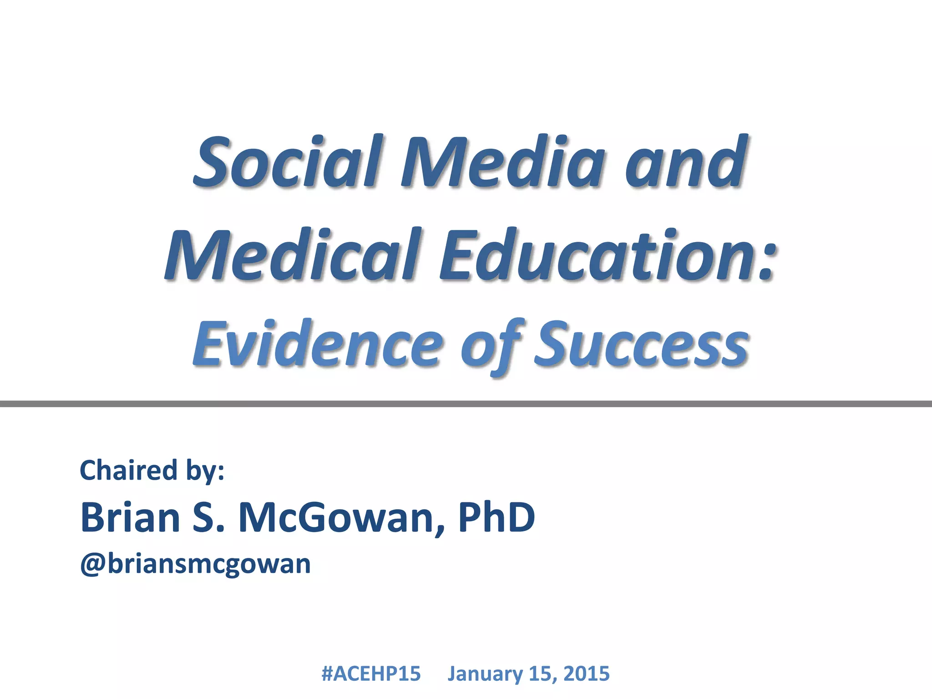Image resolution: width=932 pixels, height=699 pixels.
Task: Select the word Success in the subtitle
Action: coord(641,344)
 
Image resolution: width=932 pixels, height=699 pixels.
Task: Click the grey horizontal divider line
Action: coord(466,404)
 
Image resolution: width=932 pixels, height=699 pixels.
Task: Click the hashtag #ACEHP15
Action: coord(371,674)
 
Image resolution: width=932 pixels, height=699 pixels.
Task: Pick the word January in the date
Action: coord(485,674)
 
